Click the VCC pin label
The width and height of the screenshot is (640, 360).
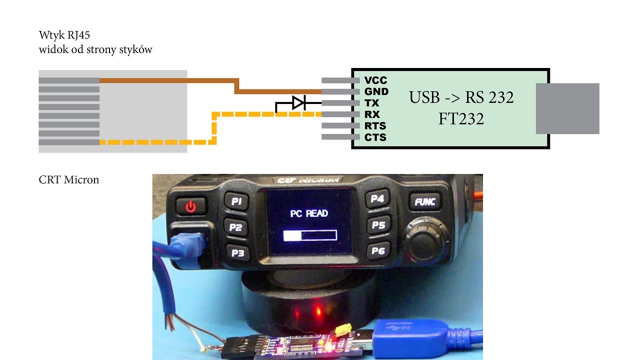click(375, 80)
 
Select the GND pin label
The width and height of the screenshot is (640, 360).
click(376, 91)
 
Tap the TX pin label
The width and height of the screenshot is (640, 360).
click(371, 103)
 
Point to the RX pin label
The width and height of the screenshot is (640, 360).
click(372, 114)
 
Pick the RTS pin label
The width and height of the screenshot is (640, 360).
click(375, 126)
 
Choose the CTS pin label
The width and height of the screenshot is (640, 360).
click(375, 137)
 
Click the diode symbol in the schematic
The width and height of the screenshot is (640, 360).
click(298, 103)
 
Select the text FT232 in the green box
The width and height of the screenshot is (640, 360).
click(461, 119)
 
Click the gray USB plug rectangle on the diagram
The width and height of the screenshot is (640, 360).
click(567, 108)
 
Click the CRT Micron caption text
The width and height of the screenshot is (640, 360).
click(69, 179)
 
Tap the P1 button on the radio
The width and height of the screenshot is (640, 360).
click(236, 201)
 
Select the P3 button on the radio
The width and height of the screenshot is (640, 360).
click(237, 252)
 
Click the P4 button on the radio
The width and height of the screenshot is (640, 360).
click(377, 199)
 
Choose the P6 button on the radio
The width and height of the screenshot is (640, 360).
click(378, 250)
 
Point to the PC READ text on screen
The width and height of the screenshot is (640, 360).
click(309, 213)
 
